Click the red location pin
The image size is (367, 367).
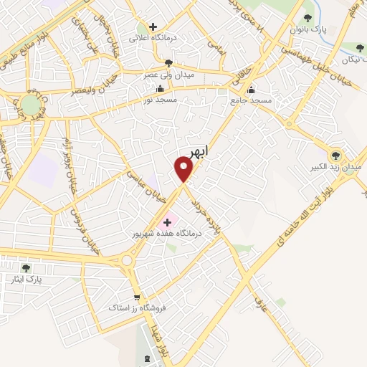tap(184, 168)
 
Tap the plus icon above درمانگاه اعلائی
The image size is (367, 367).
tap(153, 27)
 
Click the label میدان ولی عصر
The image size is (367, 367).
tap(168, 75)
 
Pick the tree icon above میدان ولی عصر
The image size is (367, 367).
tap(168, 63)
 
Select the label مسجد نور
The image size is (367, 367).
tap(159, 101)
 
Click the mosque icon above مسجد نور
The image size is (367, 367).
tap(159, 90)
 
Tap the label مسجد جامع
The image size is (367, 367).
tap(252, 101)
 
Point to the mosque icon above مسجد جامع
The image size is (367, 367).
tap(252, 90)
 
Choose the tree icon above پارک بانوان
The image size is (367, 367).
tap(308, 18)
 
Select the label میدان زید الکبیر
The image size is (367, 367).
tap(336, 167)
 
